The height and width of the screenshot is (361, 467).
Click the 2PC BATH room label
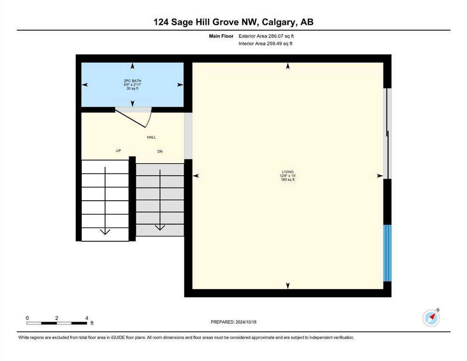pyautogui.click(x=133, y=81)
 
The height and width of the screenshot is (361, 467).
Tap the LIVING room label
pyautogui.click(x=288, y=172)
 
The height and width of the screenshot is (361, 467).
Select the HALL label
pyautogui.click(x=151, y=137)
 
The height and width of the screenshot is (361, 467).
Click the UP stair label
pyautogui.click(x=118, y=150)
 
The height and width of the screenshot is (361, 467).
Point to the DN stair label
pyautogui.click(x=160, y=151)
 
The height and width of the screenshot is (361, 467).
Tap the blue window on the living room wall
pyautogui.click(x=387, y=253)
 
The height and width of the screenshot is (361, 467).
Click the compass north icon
pyautogui.click(x=431, y=318)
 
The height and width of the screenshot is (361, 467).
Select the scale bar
pyautogui.click(x=56, y=323)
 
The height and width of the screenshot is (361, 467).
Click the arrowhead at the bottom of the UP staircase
pyautogui.click(x=105, y=232)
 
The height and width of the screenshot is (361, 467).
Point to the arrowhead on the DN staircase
pyautogui.click(x=160, y=228)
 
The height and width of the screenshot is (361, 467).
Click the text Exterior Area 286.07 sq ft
pyautogui.click(x=266, y=36)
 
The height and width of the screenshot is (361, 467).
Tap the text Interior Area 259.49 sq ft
pyautogui.click(x=265, y=43)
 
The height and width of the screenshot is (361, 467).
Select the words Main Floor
pyautogui.click(x=221, y=36)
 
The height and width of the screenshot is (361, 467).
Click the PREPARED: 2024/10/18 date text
pyautogui.click(x=233, y=322)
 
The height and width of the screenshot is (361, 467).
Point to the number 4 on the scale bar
pyautogui.click(x=87, y=318)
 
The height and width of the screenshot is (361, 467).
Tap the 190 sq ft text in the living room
pyautogui.click(x=288, y=180)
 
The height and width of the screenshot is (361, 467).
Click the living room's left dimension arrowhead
pyautogui.click(x=196, y=176)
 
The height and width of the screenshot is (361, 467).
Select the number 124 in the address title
pyautogui.click(x=161, y=22)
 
